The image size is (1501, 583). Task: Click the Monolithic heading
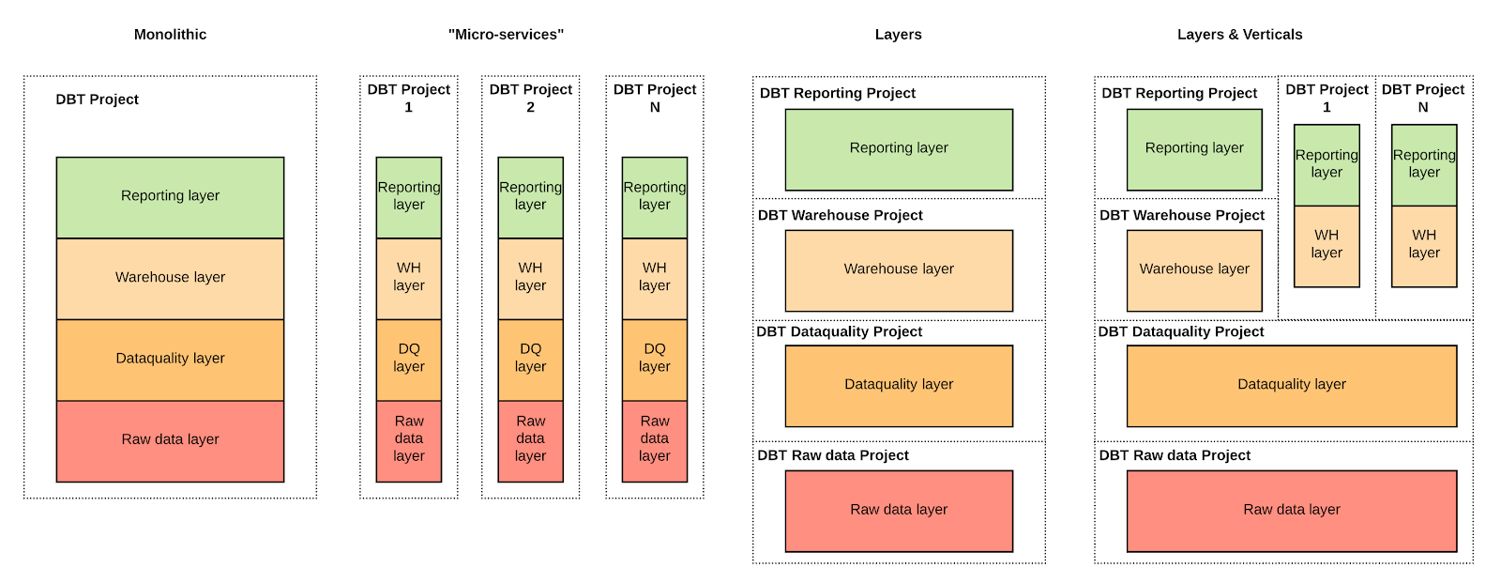click(x=170, y=35)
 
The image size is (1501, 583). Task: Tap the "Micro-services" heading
click(x=506, y=35)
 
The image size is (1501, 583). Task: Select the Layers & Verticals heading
click(x=1239, y=35)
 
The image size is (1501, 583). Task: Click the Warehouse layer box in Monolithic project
click(x=170, y=278)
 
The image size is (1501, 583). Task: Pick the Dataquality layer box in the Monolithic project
click(x=170, y=359)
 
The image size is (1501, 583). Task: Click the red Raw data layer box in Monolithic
click(x=170, y=440)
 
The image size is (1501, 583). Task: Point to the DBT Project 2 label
click(x=530, y=98)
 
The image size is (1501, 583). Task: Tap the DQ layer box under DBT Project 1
click(x=408, y=359)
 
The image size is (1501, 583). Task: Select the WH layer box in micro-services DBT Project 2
click(x=530, y=278)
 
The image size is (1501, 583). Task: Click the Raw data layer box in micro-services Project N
click(x=654, y=439)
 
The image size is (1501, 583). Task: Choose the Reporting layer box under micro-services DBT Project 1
click(x=408, y=196)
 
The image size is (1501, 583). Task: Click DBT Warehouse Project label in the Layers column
click(x=840, y=215)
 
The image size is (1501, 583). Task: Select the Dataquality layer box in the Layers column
click(x=899, y=385)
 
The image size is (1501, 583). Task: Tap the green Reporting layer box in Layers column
click(x=899, y=148)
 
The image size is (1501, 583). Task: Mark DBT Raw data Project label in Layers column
click(x=833, y=455)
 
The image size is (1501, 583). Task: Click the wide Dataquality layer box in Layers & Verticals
click(x=1291, y=385)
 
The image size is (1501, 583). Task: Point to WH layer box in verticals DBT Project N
click(x=1423, y=245)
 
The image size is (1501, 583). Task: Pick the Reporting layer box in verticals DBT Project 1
click(x=1326, y=164)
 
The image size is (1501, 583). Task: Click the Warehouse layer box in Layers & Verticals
click(x=1193, y=269)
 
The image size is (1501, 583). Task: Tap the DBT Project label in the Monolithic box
click(x=97, y=100)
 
